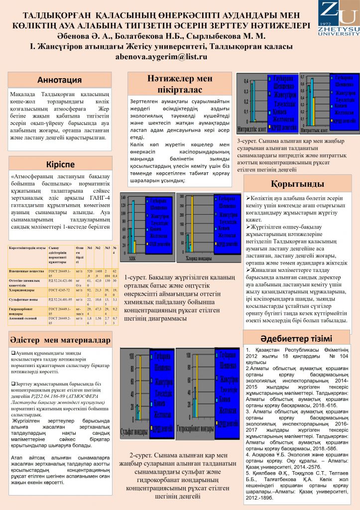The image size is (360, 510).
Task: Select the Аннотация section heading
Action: [x=60, y=80]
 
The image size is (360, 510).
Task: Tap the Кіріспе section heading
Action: [x=60, y=164]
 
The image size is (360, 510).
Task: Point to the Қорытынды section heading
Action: [x=297, y=184]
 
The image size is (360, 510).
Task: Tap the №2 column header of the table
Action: [x=99, y=247]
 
